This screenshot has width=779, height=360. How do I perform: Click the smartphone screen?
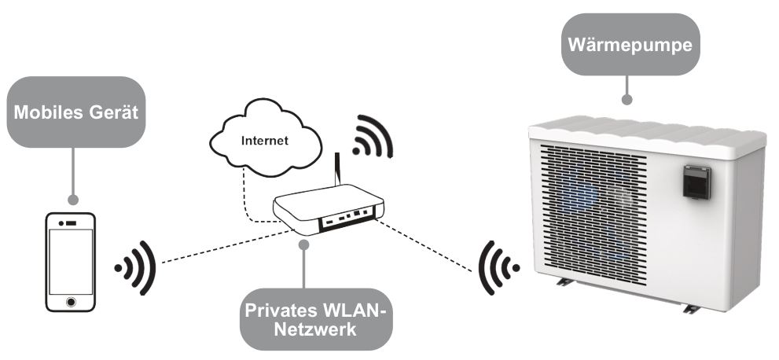click(71, 260)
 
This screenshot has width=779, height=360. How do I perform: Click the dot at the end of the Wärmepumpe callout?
click(626, 101)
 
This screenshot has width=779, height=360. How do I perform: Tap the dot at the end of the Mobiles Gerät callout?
click(74, 200)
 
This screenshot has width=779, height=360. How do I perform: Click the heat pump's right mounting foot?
click(689, 309)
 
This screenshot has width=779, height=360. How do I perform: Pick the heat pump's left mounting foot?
click(564, 281)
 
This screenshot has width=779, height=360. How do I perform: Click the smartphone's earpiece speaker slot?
click(71, 224)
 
